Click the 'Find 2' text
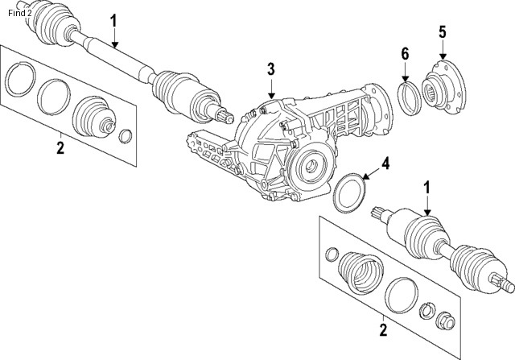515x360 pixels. pos(20,12)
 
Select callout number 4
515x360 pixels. pos(385,163)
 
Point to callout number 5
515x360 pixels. pos(442,32)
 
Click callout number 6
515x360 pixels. pos(406,54)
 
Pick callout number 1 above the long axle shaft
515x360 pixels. pos(113,19)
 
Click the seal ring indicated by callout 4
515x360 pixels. pos(348,193)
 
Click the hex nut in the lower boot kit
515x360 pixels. pos(443,321)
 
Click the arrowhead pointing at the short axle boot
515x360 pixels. pos(427,213)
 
